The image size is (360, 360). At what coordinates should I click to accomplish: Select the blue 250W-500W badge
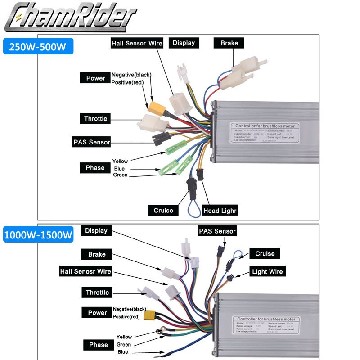click(x=38, y=46)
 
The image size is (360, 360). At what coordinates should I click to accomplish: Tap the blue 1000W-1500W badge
click(x=38, y=235)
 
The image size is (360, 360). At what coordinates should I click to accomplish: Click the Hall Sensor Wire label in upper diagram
click(x=137, y=43)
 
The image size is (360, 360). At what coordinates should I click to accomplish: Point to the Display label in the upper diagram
click(x=184, y=43)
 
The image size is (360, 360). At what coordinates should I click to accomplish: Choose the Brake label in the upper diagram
click(x=232, y=43)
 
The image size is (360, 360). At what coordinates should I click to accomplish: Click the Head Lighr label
click(x=220, y=210)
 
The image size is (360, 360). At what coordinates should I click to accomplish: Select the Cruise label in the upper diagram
click(x=163, y=210)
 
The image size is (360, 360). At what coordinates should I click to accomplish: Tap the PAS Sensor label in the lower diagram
click(x=217, y=231)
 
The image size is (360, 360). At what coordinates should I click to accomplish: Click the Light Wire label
click(x=267, y=271)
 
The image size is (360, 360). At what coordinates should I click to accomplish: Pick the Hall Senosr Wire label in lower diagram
click(x=85, y=271)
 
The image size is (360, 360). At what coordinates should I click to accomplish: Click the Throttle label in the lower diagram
click(x=97, y=292)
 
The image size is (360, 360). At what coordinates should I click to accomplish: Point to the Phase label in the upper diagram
click(x=95, y=168)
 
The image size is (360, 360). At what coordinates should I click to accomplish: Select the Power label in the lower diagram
click(x=97, y=313)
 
